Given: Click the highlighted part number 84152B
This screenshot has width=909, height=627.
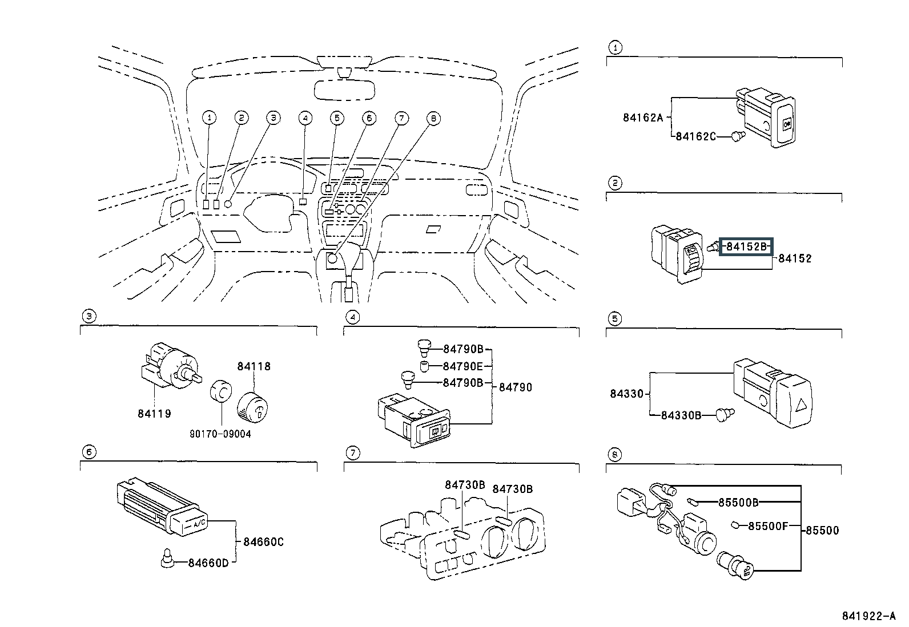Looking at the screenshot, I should coord(746,247).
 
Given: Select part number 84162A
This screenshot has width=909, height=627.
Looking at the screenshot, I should coord(643,118).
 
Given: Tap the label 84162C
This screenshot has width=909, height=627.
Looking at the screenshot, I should coord(695,136).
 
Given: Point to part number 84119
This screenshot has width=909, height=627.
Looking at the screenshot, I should coord(154,414).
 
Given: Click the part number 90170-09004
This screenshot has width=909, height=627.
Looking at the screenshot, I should coord(220,434).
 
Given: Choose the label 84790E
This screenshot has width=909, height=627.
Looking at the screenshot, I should coord(463,366).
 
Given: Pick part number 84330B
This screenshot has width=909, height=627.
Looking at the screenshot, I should coord(681,415).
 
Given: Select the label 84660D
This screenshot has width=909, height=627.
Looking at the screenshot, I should coord(208,563).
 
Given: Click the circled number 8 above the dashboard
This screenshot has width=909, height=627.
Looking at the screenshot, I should coord(433,118).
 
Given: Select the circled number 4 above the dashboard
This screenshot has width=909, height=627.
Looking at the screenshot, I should coord(305,118).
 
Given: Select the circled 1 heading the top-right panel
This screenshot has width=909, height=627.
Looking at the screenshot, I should coord(614,48).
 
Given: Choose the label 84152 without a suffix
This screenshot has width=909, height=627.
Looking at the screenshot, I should coord(795,258).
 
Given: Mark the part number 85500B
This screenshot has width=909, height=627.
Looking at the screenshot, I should coord(738,503).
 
